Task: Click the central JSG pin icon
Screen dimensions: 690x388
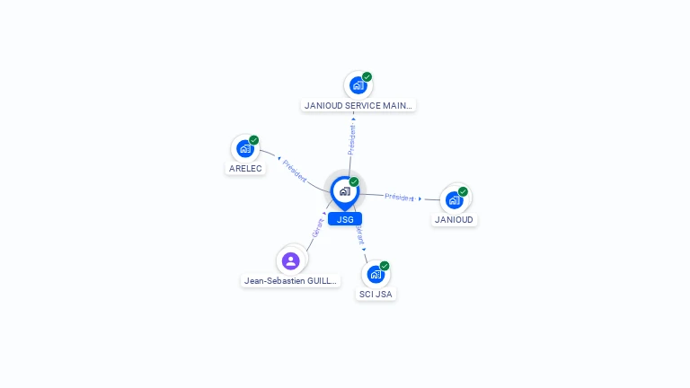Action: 344,191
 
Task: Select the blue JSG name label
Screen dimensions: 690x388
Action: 345,219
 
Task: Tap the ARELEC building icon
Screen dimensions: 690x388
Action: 244,149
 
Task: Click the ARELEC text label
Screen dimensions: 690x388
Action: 245,169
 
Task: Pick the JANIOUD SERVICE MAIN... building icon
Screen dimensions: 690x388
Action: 358,86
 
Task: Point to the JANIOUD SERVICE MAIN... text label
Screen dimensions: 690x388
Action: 358,105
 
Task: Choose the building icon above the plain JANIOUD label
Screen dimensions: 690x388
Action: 454,199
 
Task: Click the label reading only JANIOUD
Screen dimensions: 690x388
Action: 454,219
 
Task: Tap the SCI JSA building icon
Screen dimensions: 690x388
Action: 376,274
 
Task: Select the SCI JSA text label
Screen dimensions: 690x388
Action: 376,294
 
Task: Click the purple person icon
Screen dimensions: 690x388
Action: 290,260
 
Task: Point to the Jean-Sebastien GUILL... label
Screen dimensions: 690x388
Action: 291,280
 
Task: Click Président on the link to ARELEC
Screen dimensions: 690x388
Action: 295,171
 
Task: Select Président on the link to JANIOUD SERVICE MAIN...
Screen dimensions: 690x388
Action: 351,140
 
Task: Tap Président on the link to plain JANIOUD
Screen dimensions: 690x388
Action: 399,197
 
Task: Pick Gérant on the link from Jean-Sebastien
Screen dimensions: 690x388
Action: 317,227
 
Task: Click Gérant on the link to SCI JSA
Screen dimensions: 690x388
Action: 360,234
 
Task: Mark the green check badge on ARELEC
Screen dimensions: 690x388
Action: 254,140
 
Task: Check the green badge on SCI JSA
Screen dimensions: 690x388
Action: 385,266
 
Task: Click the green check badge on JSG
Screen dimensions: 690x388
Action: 354,182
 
